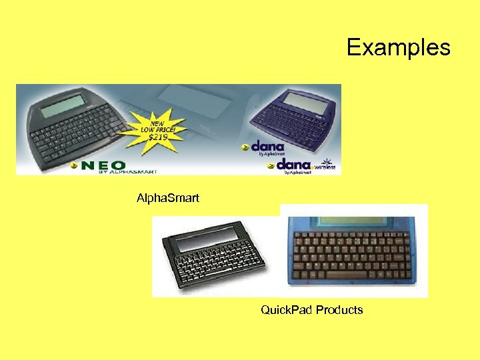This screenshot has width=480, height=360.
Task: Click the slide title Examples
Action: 398,47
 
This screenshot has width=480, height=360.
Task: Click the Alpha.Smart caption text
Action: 167,198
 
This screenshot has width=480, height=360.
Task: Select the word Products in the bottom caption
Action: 339,310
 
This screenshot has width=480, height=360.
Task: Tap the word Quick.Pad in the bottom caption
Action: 287,310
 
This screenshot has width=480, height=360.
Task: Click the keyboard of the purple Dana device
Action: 291,127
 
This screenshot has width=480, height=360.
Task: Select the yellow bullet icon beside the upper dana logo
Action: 245,147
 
